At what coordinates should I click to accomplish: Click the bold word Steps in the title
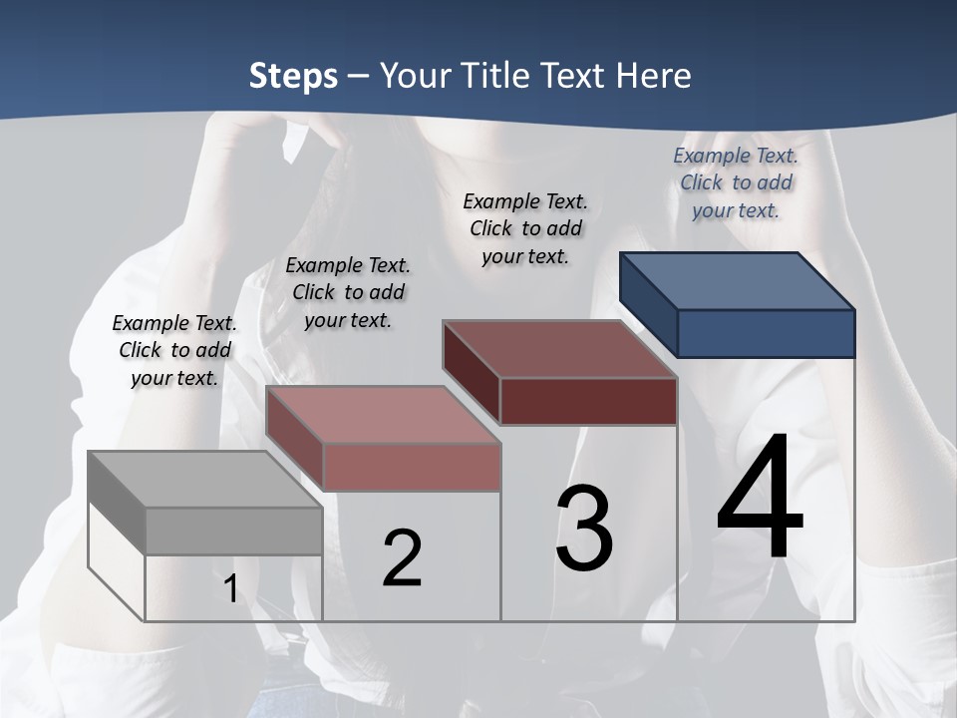pyautogui.click(x=293, y=76)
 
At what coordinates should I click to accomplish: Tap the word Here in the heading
pyautogui.click(x=655, y=76)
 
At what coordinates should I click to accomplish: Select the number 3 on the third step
pyautogui.click(x=584, y=529)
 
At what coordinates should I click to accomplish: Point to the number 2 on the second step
pyautogui.click(x=402, y=558)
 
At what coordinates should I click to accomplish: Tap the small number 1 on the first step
pyautogui.click(x=231, y=588)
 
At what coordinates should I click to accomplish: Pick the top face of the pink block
pyautogui.click(x=383, y=414)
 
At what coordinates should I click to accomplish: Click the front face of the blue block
pyautogui.click(x=766, y=333)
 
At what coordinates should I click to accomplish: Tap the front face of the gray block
pyautogui.click(x=233, y=532)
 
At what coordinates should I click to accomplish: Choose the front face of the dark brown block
pyautogui.click(x=588, y=401)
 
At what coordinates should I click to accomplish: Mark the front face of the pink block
pyautogui.click(x=411, y=467)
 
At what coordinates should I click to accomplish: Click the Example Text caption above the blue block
pyautogui.click(x=736, y=182)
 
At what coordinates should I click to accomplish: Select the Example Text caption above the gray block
pyautogui.click(x=174, y=350)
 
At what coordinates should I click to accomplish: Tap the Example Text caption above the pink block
pyautogui.click(x=348, y=292)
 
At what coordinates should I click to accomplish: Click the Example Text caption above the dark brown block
pyautogui.click(x=525, y=228)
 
